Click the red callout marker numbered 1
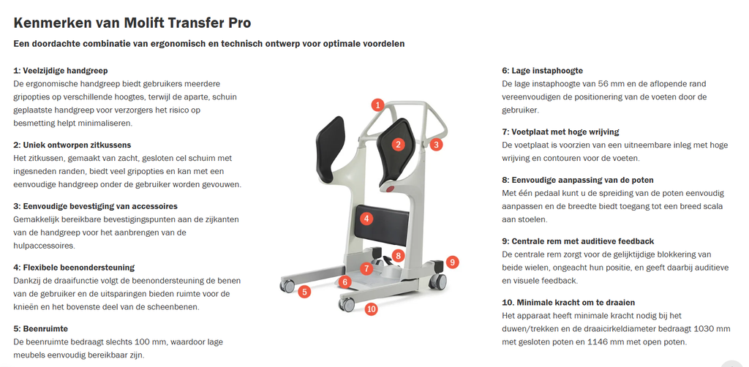click(377, 105)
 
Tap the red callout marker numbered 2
click(398, 144)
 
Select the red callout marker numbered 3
click(436, 145)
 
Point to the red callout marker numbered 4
click(366, 218)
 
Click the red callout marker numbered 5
click(304, 292)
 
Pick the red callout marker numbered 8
click(398, 255)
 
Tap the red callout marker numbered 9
click(452, 262)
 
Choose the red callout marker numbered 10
click(371, 309)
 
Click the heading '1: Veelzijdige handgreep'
click(61, 71)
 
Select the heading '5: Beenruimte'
click(40, 328)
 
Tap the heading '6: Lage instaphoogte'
click(542, 71)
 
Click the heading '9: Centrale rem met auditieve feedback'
click(578, 241)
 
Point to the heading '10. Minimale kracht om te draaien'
click(568, 302)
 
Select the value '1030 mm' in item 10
click(712, 329)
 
